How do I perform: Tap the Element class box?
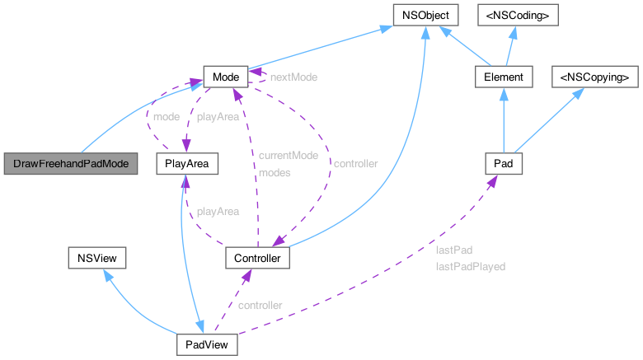tap(501, 77)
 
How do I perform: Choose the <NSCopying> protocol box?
tap(594, 77)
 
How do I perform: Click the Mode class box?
tap(225, 77)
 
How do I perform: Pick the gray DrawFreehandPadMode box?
tap(72, 164)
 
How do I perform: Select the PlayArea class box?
tap(187, 164)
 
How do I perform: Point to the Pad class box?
tap(503, 164)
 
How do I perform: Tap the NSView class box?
tap(96, 259)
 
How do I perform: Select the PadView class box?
tap(208, 344)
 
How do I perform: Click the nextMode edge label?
tap(293, 77)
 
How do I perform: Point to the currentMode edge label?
tap(288, 155)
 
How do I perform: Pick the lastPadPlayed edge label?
tap(470, 267)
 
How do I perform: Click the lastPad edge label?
tap(453, 249)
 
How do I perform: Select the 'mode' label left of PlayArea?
tap(167, 117)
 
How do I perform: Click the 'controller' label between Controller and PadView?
tap(260, 306)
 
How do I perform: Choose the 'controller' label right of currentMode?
tap(355, 164)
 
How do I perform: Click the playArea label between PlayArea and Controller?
tap(218, 212)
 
